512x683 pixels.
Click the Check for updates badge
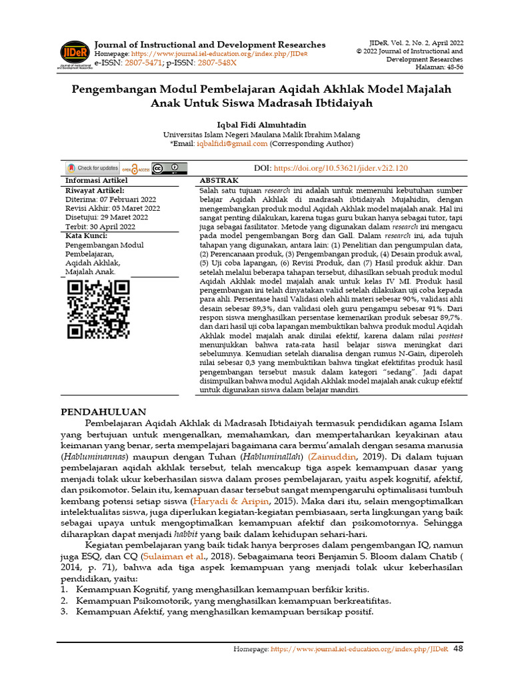[92, 168]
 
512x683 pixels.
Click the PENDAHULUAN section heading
[104, 412]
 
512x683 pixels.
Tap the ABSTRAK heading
[219, 181]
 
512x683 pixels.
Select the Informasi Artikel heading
[96, 181]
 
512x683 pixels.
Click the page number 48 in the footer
[459, 648]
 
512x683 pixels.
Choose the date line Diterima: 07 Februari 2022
[110, 199]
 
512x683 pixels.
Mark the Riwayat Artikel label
[95, 190]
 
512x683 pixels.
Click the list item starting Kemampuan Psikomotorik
[233, 600]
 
